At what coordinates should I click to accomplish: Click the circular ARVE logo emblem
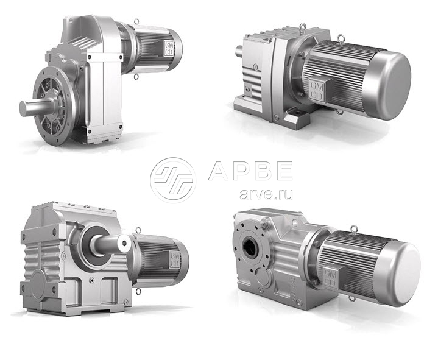click(x=173, y=180)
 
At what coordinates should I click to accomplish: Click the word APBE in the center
click(x=250, y=171)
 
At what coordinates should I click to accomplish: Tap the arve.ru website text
click(x=266, y=194)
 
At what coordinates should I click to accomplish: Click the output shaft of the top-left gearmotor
click(x=37, y=106)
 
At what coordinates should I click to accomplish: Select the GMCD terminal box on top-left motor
click(x=169, y=48)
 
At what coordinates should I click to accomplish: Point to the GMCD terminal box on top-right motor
click(x=317, y=90)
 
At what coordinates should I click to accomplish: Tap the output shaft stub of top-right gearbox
click(x=239, y=51)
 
